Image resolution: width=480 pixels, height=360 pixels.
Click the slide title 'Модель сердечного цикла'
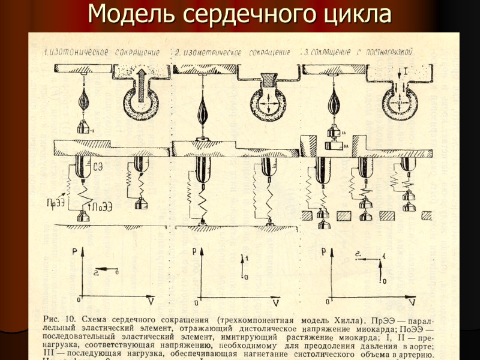point(240,14)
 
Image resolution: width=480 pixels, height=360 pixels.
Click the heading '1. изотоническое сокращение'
point(101,52)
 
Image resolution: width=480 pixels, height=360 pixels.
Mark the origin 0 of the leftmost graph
point(79,298)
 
